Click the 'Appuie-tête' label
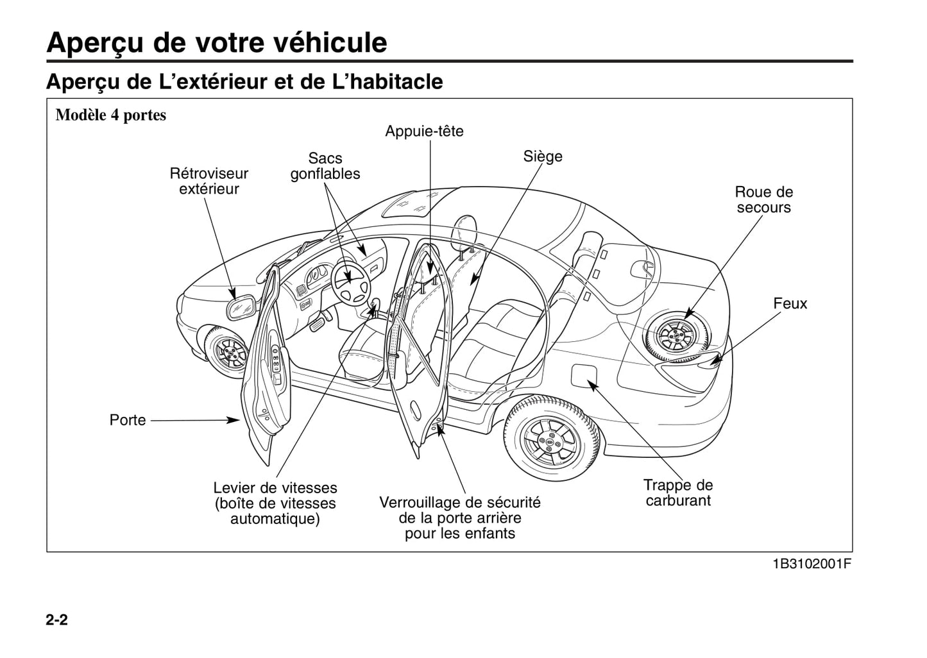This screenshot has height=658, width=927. tap(424, 131)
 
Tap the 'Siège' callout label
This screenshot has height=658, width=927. tap(543, 156)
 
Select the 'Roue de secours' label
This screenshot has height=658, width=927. tap(763, 199)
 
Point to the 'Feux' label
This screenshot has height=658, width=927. tap(790, 303)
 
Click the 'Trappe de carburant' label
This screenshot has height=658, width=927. tap(678, 493)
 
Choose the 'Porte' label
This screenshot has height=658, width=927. tap(128, 420)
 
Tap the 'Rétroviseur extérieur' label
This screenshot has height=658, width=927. tap(208, 181)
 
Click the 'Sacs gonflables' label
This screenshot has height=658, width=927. tap(325, 166)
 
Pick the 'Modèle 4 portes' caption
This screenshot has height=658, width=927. tap(111, 115)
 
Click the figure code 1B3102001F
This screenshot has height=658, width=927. tap(812, 564)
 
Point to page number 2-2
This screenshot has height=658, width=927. tap(57, 620)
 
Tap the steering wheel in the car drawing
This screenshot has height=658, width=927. tap(350, 283)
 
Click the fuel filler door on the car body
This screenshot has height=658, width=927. tap(584, 376)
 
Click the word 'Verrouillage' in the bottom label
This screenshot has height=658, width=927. tap(420, 502)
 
